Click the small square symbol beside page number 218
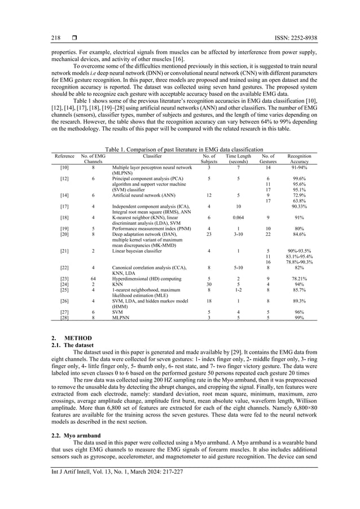(74, 38)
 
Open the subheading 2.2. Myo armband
(72, 452)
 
